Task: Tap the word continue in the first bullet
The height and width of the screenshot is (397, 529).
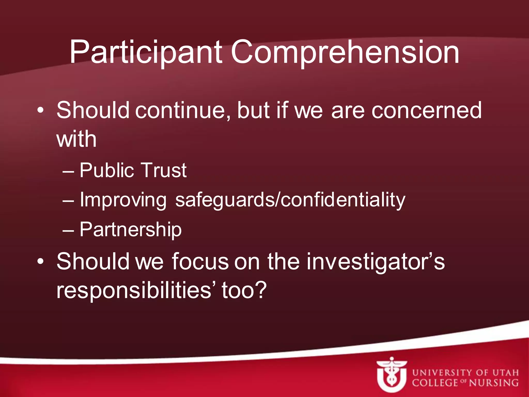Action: (183, 111)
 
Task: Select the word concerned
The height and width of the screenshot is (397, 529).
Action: (426, 111)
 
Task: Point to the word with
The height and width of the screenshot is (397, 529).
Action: (76, 139)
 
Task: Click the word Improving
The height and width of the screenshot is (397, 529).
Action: (123, 200)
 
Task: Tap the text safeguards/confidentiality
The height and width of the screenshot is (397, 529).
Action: (290, 200)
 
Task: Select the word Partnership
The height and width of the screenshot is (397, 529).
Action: (130, 230)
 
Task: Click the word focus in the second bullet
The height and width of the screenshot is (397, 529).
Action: (200, 262)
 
